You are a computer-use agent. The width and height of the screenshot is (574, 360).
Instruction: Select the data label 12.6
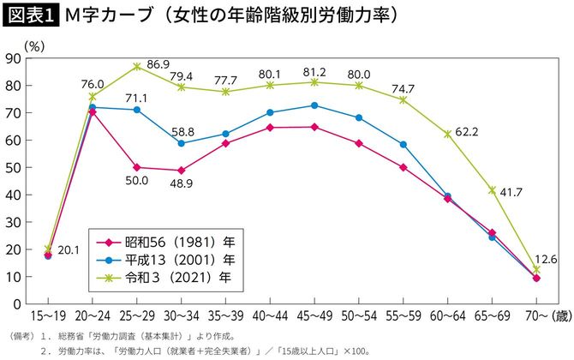pos(545,259)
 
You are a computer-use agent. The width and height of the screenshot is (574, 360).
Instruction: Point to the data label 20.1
pos(72,250)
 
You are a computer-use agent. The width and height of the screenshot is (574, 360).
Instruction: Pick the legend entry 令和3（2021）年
pos(163,277)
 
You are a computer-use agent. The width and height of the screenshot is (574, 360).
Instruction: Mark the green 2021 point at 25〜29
pos(137,66)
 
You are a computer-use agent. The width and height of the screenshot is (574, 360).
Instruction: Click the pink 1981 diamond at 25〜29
pos(137,167)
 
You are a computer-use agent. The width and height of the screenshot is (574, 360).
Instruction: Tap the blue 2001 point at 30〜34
pos(181,143)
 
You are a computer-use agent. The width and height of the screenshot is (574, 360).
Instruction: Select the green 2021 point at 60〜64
pos(446,134)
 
